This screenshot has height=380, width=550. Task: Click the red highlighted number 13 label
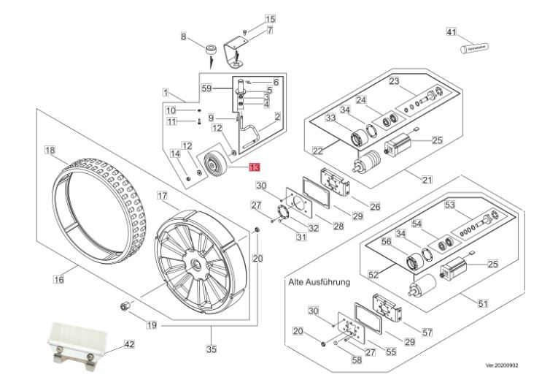pyautogui.click(x=254, y=167)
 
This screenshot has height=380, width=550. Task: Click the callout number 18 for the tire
pyautogui.click(x=50, y=151)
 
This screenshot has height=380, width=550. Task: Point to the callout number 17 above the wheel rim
pyautogui.click(x=162, y=196)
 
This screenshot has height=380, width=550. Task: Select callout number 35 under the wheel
pyautogui.click(x=211, y=349)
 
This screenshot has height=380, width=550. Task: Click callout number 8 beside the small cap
pyautogui.click(x=184, y=37)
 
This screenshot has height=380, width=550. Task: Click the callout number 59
pyautogui.click(x=206, y=88)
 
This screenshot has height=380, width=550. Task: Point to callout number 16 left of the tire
pyautogui.click(x=58, y=278)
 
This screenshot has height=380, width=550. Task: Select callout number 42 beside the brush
pyautogui.click(x=129, y=343)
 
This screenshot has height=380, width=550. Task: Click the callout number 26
pyautogui.click(x=375, y=207)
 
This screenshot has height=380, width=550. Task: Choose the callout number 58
pyautogui.click(x=356, y=360)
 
